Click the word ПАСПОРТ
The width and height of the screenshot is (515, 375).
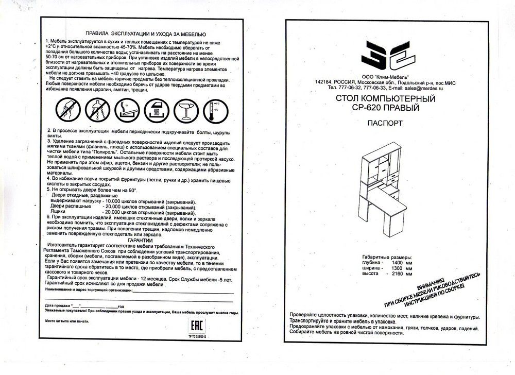point(385,124)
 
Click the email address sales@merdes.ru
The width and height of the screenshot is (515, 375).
point(426,89)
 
